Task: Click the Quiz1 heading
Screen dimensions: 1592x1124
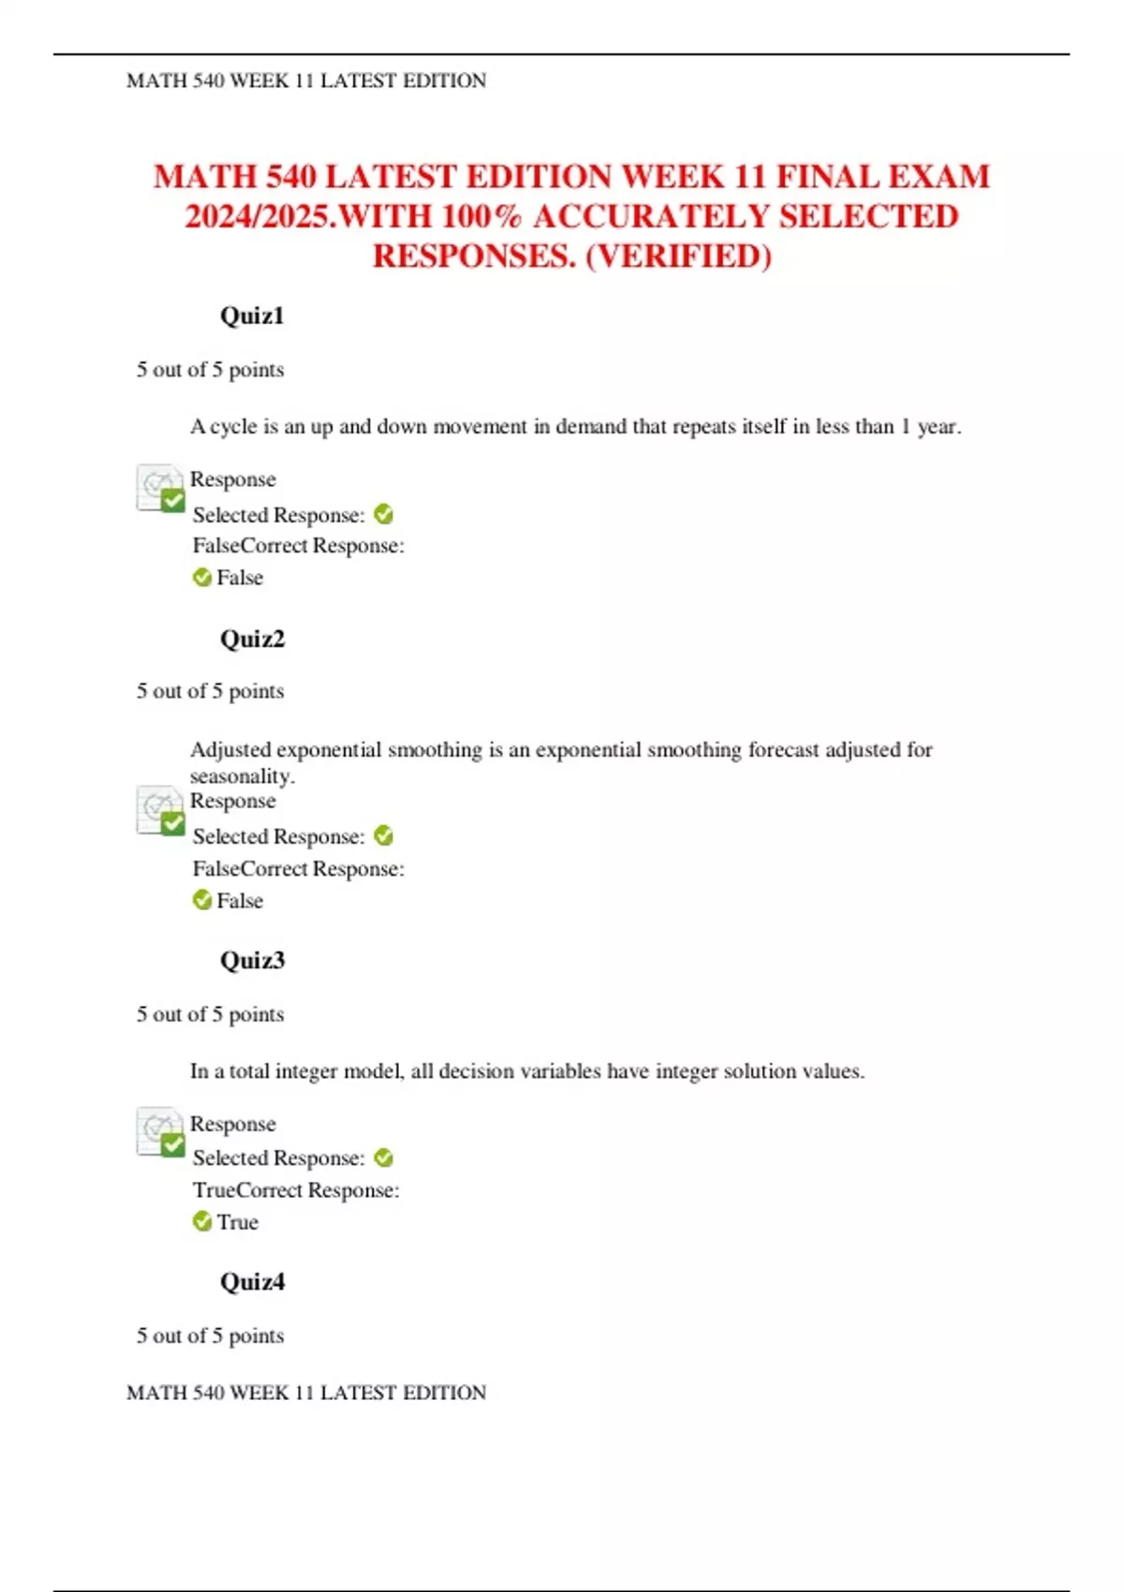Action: pyautogui.click(x=251, y=316)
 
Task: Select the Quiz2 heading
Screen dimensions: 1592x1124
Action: pyautogui.click(x=252, y=639)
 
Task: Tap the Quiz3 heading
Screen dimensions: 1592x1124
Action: pyautogui.click(x=252, y=960)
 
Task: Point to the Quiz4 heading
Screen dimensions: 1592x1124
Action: pyautogui.click(x=252, y=1281)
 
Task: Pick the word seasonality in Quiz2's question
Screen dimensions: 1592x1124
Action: pyautogui.click(x=242, y=776)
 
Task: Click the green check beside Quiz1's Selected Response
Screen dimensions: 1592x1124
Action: pyautogui.click(x=383, y=514)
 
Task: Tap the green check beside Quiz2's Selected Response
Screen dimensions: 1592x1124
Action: pyautogui.click(x=383, y=835)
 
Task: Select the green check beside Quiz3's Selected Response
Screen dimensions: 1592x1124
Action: pyautogui.click(x=383, y=1157)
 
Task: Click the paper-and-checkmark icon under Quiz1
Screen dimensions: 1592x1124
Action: pyautogui.click(x=160, y=488)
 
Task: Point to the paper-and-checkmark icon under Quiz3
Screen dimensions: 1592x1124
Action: pyautogui.click(x=160, y=1131)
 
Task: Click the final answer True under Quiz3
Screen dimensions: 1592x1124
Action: pyautogui.click(x=237, y=1222)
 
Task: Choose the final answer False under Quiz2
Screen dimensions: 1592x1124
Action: pyautogui.click(x=240, y=901)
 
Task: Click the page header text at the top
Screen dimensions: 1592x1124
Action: pyautogui.click(x=306, y=81)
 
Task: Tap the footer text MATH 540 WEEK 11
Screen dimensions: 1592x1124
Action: pyautogui.click(x=306, y=1393)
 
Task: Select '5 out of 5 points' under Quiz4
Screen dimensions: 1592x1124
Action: pyautogui.click(x=210, y=1335)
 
